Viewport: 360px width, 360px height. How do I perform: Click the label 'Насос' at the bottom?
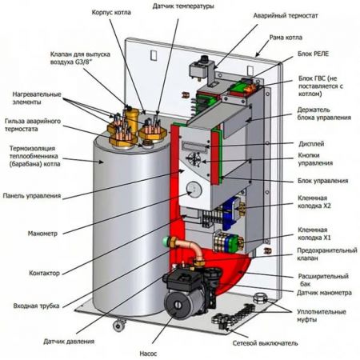click(x=148, y=354)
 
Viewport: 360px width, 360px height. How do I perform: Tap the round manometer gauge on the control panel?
click(x=194, y=190)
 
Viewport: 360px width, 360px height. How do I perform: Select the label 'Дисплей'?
click(x=311, y=144)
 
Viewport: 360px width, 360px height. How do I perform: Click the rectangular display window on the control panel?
click(x=194, y=146)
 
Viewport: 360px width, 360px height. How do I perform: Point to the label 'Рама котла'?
click(x=286, y=38)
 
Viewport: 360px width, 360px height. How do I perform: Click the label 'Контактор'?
click(x=44, y=273)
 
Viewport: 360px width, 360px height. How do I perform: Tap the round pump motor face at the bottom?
click(x=177, y=304)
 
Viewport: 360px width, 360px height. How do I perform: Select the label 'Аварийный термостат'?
click(x=286, y=16)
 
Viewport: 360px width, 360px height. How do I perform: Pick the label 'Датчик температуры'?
click(x=183, y=6)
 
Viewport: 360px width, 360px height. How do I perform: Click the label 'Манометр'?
click(x=42, y=234)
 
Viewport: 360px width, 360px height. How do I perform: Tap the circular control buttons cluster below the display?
click(x=194, y=159)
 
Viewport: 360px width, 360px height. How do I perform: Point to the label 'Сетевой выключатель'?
click(x=265, y=343)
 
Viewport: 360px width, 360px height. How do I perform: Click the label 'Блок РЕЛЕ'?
click(x=313, y=54)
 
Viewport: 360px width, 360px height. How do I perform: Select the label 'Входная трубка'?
click(x=36, y=306)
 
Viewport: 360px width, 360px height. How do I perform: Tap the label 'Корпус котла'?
click(x=111, y=13)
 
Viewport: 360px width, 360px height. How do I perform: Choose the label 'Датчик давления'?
click(x=69, y=341)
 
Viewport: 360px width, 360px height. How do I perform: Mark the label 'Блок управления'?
click(x=322, y=181)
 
